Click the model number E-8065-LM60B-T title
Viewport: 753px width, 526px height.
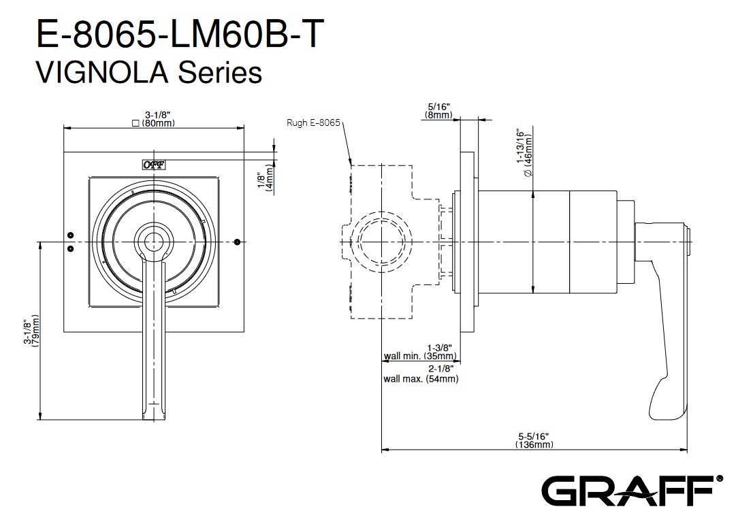[x=176, y=34]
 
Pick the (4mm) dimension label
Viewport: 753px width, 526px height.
[x=270, y=180]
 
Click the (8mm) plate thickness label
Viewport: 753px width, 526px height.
[x=438, y=116]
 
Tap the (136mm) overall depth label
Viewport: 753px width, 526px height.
[x=534, y=444]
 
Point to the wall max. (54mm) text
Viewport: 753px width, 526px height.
[x=420, y=379]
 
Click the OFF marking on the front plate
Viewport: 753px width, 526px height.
[x=153, y=164]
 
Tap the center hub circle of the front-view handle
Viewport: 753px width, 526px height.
[x=153, y=241]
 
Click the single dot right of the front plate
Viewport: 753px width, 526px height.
[x=237, y=242]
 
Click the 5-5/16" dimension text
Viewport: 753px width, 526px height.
[x=534, y=435]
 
